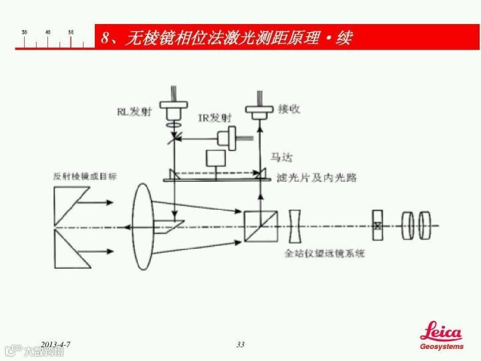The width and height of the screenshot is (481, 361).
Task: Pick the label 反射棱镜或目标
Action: click(85, 176)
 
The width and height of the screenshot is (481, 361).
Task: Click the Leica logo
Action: click(440, 333)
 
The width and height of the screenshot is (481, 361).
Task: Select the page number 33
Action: click(240, 344)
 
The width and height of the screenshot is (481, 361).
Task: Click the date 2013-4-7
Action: click(56, 344)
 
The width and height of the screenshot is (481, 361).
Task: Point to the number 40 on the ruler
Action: click(48, 32)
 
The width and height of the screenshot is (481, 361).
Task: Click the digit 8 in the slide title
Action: click(106, 38)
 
